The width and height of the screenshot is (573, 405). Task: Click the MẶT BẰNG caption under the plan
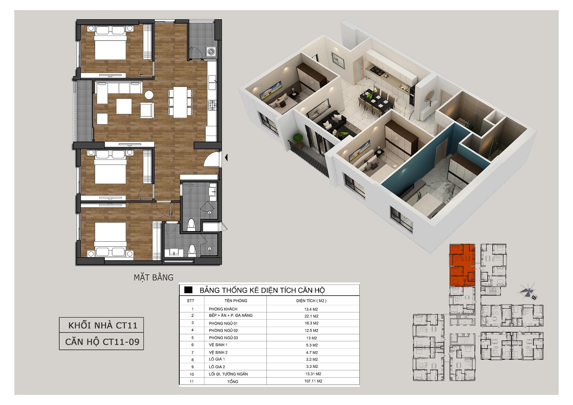[153, 278]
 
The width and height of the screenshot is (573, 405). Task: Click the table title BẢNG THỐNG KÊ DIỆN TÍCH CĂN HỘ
[262, 290]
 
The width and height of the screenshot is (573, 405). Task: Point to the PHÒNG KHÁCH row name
[223, 309]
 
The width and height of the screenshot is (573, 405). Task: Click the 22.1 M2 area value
[311, 316]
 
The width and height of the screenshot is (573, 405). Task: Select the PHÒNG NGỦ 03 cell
[223, 338]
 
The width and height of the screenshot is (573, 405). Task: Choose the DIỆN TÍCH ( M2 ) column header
[311, 301]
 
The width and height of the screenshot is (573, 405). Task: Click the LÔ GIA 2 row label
[217, 367]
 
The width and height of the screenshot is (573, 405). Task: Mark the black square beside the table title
[188, 290]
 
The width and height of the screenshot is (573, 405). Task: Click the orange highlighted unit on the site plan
[462, 265]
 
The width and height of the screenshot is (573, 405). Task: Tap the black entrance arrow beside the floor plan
[226, 158]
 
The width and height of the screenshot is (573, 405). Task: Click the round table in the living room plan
[149, 95]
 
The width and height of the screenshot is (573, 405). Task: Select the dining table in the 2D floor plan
[180, 102]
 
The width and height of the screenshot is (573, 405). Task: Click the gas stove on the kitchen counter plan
[212, 105]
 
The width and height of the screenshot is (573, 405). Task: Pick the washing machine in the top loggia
[211, 52]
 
